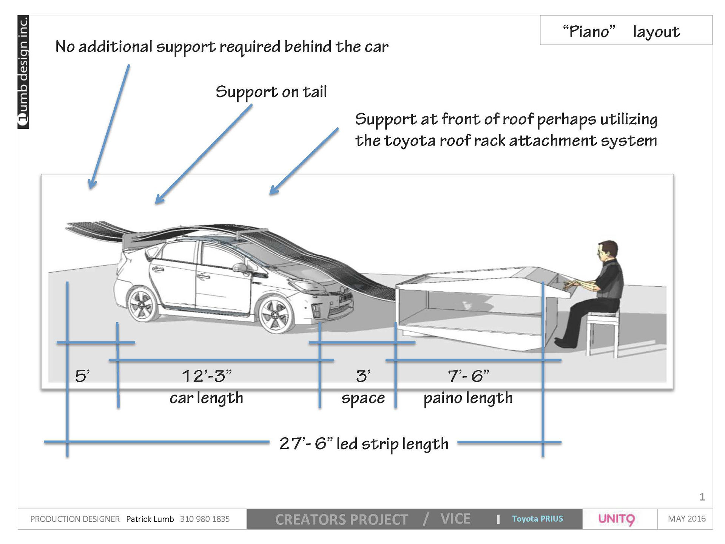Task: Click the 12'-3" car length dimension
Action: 207,376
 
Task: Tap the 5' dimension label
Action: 82,376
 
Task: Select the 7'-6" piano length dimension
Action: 468,376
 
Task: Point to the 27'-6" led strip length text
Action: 364,444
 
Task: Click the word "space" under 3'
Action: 363,398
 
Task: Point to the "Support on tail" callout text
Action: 271,92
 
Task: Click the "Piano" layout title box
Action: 626,31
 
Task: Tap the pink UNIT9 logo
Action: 617,519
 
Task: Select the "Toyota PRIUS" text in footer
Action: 537,519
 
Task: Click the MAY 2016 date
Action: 686,519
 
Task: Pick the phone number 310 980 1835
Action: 205,519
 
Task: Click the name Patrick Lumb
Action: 150,519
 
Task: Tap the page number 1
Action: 702,497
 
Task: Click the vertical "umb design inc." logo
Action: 23,72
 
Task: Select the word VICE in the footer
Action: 455,519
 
